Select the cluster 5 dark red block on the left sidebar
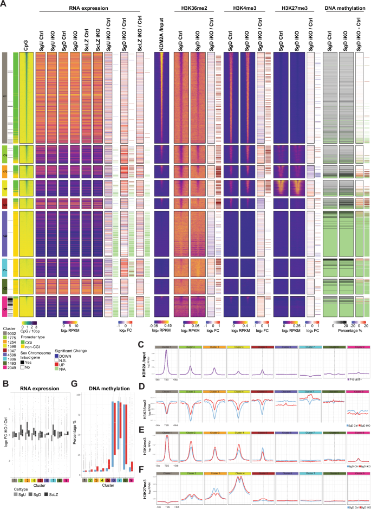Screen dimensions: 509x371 (4, 204)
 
